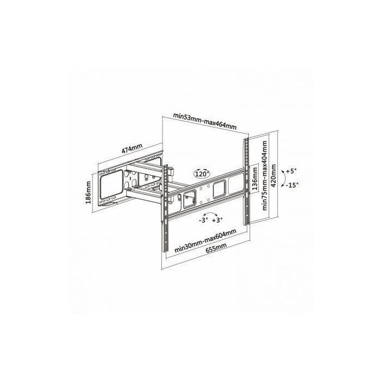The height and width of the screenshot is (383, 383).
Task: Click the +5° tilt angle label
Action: click(289, 171)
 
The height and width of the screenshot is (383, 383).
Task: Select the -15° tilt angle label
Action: click(291, 185)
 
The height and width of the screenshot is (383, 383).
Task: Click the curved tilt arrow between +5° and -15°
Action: click(281, 178)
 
